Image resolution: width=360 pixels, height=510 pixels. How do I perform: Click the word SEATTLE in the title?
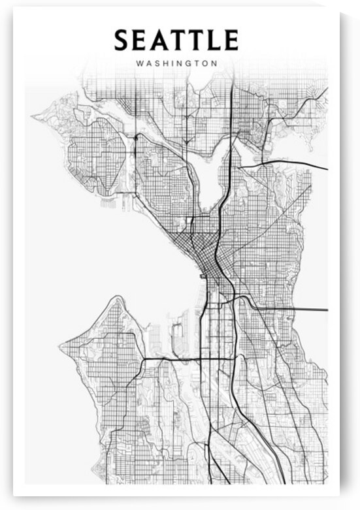tap(176, 40)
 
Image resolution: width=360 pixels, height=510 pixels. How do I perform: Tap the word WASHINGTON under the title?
tap(176, 64)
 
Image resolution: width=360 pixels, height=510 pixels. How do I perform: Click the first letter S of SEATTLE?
tap(122, 40)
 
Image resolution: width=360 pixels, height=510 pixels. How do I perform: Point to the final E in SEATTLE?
tap(229, 40)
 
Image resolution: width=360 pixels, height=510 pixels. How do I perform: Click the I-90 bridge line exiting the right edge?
tap(307, 308)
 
